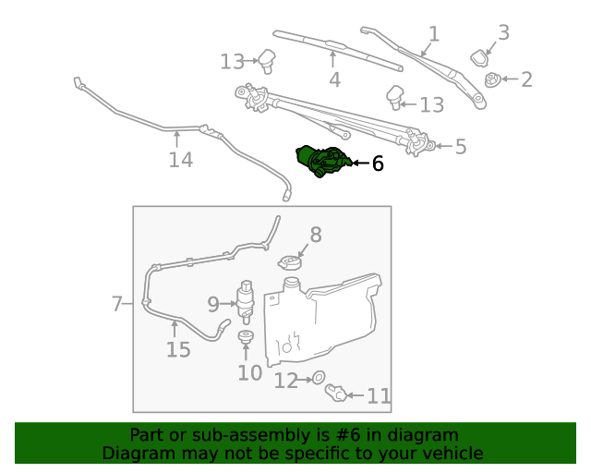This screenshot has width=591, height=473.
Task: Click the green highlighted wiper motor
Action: tap(321, 161)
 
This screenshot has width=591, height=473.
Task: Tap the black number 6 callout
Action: tap(377, 164)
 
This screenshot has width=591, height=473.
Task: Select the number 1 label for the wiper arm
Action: tap(433, 34)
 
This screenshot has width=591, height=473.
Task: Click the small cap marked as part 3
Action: tap(481, 57)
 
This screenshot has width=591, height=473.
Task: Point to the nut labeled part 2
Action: tap(493, 80)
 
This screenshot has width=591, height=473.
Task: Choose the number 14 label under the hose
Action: tap(180, 160)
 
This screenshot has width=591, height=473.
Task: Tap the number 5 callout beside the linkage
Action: tap(460, 146)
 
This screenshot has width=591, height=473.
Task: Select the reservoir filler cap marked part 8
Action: tap(291, 262)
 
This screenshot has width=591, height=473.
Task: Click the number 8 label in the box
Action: tap(315, 235)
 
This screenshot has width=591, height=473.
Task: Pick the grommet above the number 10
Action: tap(247, 338)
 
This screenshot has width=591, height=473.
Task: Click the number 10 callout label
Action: tap(249, 372)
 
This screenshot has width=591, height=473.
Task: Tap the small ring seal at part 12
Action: tap(318, 378)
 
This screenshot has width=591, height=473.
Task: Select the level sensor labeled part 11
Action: tap(336, 394)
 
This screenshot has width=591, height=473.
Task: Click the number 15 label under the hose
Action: tap(177, 349)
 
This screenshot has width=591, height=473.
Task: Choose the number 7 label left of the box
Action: tap(116, 303)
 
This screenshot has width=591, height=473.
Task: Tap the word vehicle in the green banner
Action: tap(451, 453)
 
